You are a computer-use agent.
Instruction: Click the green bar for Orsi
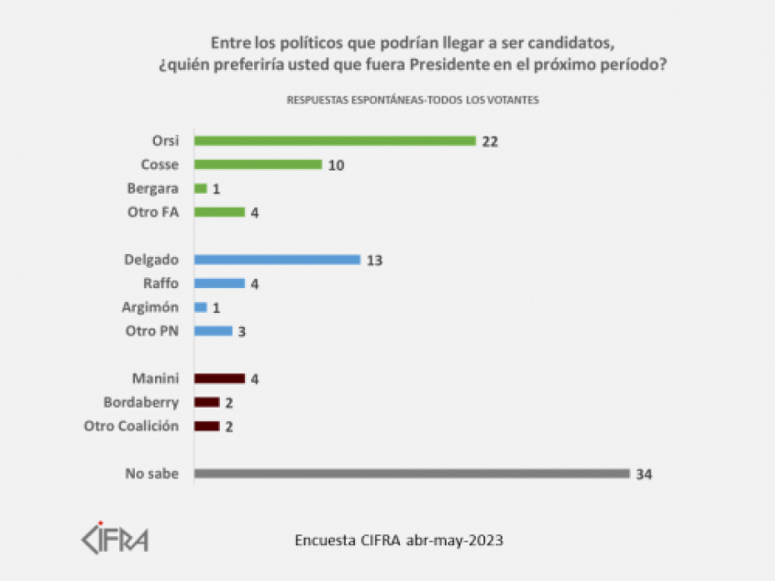[335, 140]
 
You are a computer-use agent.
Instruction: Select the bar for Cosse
[258, 164]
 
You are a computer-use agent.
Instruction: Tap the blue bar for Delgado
[277, 260]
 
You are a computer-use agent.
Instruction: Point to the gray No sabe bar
[412, 474]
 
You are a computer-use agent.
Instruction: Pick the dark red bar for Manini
[219, 378]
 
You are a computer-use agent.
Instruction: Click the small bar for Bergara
[201, 188]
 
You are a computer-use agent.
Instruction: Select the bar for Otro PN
[213, 330]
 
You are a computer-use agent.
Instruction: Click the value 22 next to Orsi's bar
[493, 141]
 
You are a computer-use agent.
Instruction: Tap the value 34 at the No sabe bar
[645, 475]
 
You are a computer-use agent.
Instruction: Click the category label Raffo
[161, 284]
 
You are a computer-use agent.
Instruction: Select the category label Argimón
[151, 307]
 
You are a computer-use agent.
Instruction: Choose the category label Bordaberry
[140, 402]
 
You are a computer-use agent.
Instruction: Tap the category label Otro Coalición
[131, 426]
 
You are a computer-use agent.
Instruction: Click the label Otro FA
[153, 212]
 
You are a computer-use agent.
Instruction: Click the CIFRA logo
[115, 538]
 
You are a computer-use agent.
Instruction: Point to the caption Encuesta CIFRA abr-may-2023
[398, 540]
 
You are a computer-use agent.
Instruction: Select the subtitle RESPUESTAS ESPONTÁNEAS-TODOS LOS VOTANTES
[413, 99]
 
